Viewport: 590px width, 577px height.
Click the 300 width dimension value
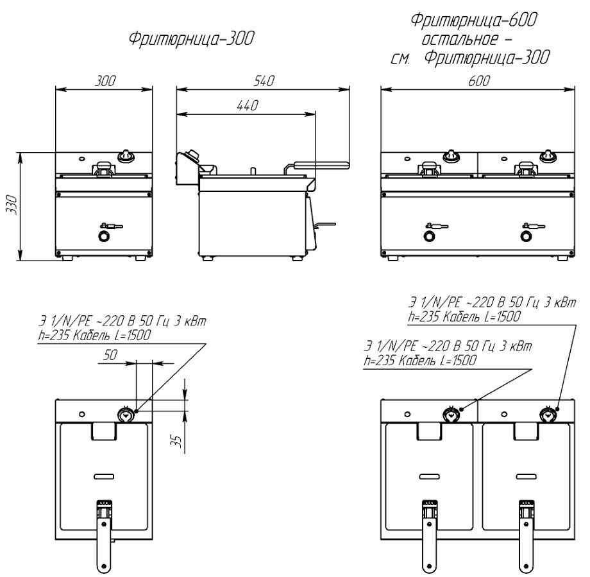106,82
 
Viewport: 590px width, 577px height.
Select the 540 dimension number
264,82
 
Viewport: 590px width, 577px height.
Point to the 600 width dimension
478,82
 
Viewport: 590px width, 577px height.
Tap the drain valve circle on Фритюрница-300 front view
103,237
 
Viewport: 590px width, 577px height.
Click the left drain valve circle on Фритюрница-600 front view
428,237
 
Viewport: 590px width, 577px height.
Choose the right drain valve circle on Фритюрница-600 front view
526,237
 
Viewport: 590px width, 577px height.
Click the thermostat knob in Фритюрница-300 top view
127,414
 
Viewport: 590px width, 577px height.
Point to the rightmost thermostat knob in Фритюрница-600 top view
548,413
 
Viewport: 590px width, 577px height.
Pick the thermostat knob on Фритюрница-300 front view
126,155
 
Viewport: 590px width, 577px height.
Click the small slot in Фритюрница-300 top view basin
103,476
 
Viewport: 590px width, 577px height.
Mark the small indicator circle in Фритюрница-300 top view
81,411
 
